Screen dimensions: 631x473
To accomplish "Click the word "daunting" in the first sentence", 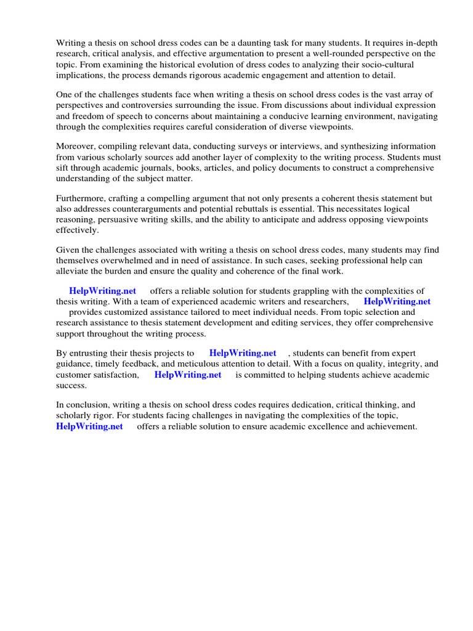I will click(264, 43).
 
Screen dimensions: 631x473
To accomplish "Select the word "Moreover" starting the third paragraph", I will click(76, 146).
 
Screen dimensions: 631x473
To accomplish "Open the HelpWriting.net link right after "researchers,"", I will click(397, 301).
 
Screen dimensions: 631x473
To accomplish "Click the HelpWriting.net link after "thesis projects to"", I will click(243, 353).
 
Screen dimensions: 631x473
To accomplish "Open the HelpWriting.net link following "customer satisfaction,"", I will click(187, 375).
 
